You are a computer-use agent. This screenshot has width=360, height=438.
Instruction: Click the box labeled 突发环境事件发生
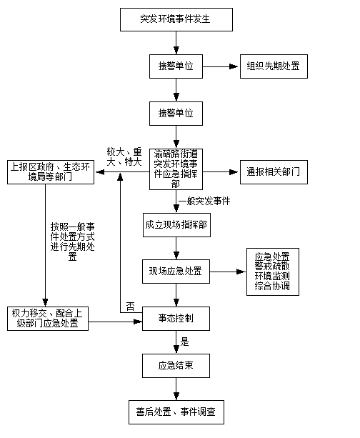click(176, 19)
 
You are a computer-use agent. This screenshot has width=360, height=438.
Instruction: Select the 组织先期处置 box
click(274, 66)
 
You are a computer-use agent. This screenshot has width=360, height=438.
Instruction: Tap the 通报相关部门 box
click(274, 172)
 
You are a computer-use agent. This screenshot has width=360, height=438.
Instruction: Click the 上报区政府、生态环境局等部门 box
click(51, 172)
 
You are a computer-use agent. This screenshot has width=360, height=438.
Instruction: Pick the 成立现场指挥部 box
click(176, 225)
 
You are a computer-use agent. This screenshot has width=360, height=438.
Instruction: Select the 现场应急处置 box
click(176, 272)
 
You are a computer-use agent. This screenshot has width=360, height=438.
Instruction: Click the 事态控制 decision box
click(176, 319)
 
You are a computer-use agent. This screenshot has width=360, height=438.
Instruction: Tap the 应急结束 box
click(176, 366)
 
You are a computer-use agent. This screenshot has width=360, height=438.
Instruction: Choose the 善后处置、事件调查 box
click(176, 412)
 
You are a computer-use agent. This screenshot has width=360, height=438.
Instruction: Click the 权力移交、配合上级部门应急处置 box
click(48, 319)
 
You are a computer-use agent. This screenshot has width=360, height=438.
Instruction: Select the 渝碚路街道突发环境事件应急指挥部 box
click(176, 169)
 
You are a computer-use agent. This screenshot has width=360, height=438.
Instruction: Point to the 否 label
click(130, 307)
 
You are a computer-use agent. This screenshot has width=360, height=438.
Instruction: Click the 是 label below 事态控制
click(184, 342)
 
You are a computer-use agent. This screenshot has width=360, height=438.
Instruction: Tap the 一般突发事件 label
click(204, 201)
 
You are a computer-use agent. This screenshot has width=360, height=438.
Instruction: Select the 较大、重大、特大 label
click(124, 157)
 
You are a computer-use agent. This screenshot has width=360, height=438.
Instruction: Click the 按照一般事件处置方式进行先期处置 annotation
click(73, 242)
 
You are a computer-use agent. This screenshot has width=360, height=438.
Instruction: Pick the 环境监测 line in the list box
click(272, 276)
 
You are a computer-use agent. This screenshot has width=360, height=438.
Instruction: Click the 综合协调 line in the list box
click(272, 286)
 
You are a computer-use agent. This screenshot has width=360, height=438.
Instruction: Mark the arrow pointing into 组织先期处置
click(220, 66)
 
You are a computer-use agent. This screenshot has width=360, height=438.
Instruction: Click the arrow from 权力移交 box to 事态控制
click(115, 322)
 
